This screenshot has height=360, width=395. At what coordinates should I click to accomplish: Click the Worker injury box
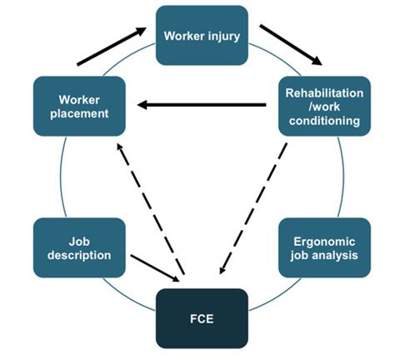[202, 36]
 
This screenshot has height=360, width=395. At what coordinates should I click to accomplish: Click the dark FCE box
[202, 317]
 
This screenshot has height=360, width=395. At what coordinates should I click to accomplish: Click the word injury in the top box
[225, 36]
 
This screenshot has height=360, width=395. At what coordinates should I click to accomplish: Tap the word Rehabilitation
[322, 92]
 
